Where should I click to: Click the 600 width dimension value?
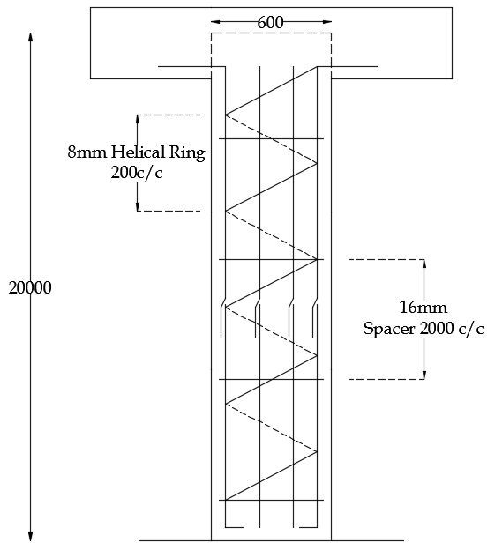coord(270,23)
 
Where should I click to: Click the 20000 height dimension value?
coord(30,287)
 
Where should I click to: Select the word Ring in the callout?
coord(187,153)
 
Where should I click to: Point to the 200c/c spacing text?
coord(137,173)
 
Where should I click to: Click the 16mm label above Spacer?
coord(424,308)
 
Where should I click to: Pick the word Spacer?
coord(389,329)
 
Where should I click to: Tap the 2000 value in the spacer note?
coord(437,329)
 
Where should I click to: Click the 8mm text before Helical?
coord(87,152)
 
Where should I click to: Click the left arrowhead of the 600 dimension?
coord(215,22)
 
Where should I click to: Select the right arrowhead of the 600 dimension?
coord(326,22)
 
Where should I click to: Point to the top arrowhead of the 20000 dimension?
coord(31,37)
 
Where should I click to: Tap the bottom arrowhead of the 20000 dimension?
coord(31,536)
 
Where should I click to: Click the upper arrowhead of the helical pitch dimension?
coord(138,119)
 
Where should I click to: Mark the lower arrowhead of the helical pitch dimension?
coord(138,206)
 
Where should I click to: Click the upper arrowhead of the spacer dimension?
coord(424,264)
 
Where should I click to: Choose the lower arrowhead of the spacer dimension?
coord(424,375)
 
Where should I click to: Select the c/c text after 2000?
coord(471,329)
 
